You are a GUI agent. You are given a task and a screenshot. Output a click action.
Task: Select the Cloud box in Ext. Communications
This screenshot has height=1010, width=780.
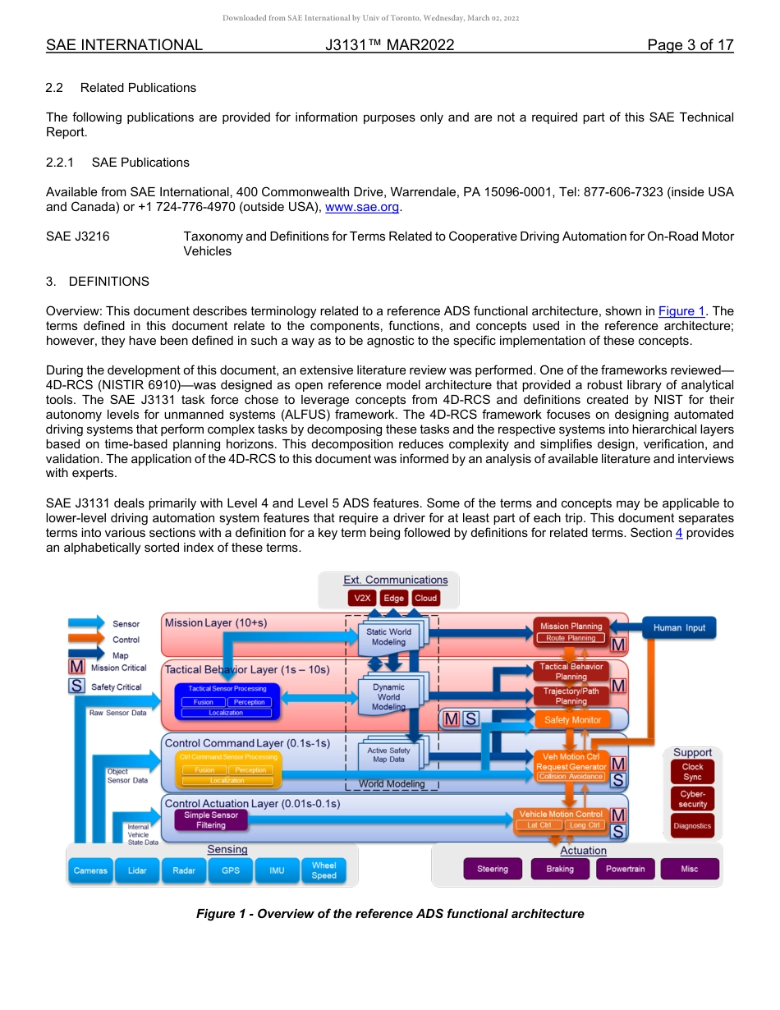coord(425,598)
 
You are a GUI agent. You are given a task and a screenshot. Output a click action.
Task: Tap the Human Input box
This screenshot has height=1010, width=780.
coord(679,627)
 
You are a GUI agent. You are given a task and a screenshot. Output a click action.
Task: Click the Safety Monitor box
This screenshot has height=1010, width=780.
coord(572,719)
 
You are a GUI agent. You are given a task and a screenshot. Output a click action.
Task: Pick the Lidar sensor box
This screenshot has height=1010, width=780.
coord(137,870)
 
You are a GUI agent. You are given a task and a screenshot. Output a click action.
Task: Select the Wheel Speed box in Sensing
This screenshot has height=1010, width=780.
coord(323,870)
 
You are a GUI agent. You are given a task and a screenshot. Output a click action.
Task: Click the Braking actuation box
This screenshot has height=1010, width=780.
coord(560,869)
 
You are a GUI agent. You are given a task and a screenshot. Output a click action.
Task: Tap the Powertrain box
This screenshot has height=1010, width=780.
coord(625,869)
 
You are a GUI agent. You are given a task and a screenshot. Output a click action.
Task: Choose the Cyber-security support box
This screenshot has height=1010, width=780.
coord(692,799)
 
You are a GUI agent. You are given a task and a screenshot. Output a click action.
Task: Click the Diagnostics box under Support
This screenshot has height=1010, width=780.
coord(692,825)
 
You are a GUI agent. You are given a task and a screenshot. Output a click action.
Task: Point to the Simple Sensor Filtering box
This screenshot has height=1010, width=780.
coord(211,819)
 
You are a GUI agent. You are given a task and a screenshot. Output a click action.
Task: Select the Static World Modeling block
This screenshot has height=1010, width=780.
coord(388,636)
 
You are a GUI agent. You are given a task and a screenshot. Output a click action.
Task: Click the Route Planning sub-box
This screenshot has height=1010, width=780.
coord(571,638)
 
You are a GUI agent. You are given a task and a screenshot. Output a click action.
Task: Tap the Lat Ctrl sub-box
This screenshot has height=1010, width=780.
coord(539,825)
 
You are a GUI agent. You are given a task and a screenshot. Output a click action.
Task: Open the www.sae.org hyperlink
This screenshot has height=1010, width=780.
coord(362,208)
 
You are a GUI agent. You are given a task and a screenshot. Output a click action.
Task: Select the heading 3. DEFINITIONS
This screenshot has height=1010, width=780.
coord(98,282)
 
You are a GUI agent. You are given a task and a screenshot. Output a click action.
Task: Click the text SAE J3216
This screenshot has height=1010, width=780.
coord(78,236)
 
